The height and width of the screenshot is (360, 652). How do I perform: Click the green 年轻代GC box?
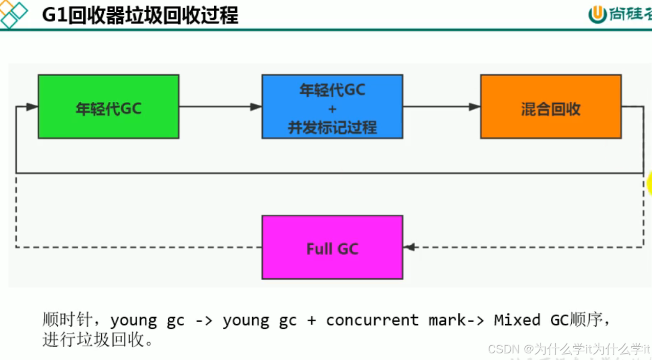click(x=108, y=106)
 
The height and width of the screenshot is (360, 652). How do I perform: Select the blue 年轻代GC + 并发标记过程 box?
click(x=332, y=106)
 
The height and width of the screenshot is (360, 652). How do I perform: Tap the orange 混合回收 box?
click(x=551, y=106)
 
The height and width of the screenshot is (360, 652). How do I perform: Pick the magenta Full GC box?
click(x=332, y=247)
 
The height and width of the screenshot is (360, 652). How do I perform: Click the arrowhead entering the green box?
click(x=32, y=107)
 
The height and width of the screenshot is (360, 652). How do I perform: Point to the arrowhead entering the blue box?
click(x=256, y=107)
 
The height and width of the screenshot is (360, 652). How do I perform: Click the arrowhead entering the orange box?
click(x=474, y=107)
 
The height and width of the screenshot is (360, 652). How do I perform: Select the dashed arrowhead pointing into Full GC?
click(x=409, y=247)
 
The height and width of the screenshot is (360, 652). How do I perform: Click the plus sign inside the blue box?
click(x=332, y=109)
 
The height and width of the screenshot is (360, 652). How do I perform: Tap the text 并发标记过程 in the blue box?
click(x=332, y=127)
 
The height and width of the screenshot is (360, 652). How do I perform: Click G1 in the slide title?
click(x=54, y=15)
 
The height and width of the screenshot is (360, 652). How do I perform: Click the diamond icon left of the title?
click(x=14, y=14)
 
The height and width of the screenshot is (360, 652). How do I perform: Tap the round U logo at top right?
click(x=597, y=14)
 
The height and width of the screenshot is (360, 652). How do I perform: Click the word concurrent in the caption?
click(x=372, y=320)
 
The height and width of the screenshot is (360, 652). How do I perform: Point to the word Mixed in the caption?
click(x=516, y=320)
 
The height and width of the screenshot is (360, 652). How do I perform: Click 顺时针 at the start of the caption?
click(x=67, y=320)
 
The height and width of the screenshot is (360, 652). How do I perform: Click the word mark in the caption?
click(x=447, y=320)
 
